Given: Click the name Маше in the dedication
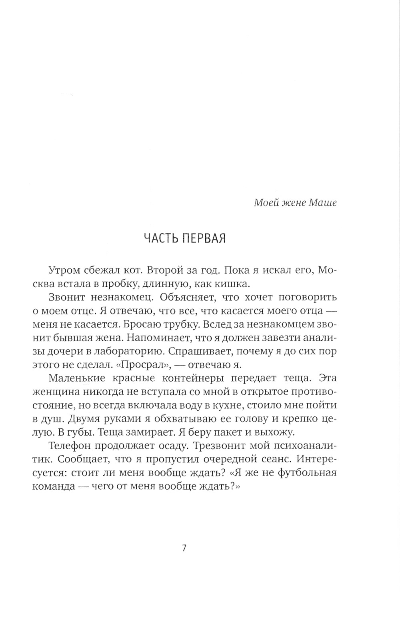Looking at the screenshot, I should pyautogui.click(x=323, y=202).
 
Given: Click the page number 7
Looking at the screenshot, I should pyautogui.click(x=184, y=548).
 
